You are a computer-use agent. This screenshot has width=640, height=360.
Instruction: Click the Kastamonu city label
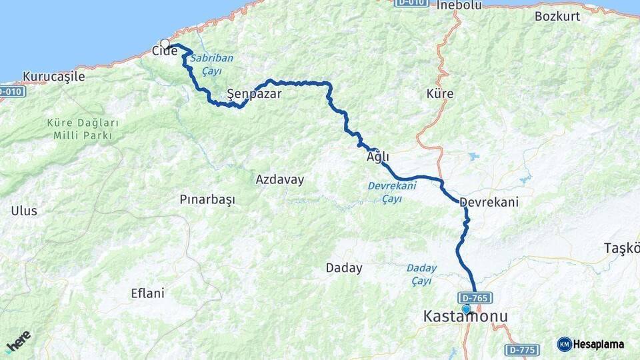click(x=465, y=317)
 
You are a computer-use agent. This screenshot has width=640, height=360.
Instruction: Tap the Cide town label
click(x=164, y=51)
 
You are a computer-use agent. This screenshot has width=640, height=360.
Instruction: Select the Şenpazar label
click(x=254, y=94)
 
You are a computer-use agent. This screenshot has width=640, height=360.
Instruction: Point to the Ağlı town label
click(x=377, y=157)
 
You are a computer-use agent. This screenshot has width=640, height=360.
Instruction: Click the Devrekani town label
click(x=489, y=201)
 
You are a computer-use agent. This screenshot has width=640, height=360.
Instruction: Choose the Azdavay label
click(x=280, y=179)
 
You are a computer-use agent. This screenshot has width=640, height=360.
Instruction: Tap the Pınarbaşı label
click(x=207, y=199)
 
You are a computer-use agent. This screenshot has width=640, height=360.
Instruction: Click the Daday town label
click(x=344, y=268)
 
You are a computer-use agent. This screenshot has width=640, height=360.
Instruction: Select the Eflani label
click(x=148, y=293)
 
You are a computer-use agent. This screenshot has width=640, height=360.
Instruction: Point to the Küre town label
click(x=440, y=94)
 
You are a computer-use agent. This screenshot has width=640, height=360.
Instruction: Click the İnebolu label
click(x=459, y=5)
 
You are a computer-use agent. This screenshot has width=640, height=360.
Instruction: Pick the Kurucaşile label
click(x=54, y=76)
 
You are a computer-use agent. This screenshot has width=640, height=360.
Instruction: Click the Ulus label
click(x=24, y=211)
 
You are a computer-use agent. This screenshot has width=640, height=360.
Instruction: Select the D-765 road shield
click(x=475, y=298)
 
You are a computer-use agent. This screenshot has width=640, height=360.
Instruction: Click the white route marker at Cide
click(x=165, y=44)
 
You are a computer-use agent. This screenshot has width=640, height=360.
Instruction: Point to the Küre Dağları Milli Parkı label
click(x=83, y=129)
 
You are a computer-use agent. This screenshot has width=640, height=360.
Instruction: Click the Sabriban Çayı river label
click(x=211, y=63)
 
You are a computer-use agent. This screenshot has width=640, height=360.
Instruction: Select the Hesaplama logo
click(x=591, y=344)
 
